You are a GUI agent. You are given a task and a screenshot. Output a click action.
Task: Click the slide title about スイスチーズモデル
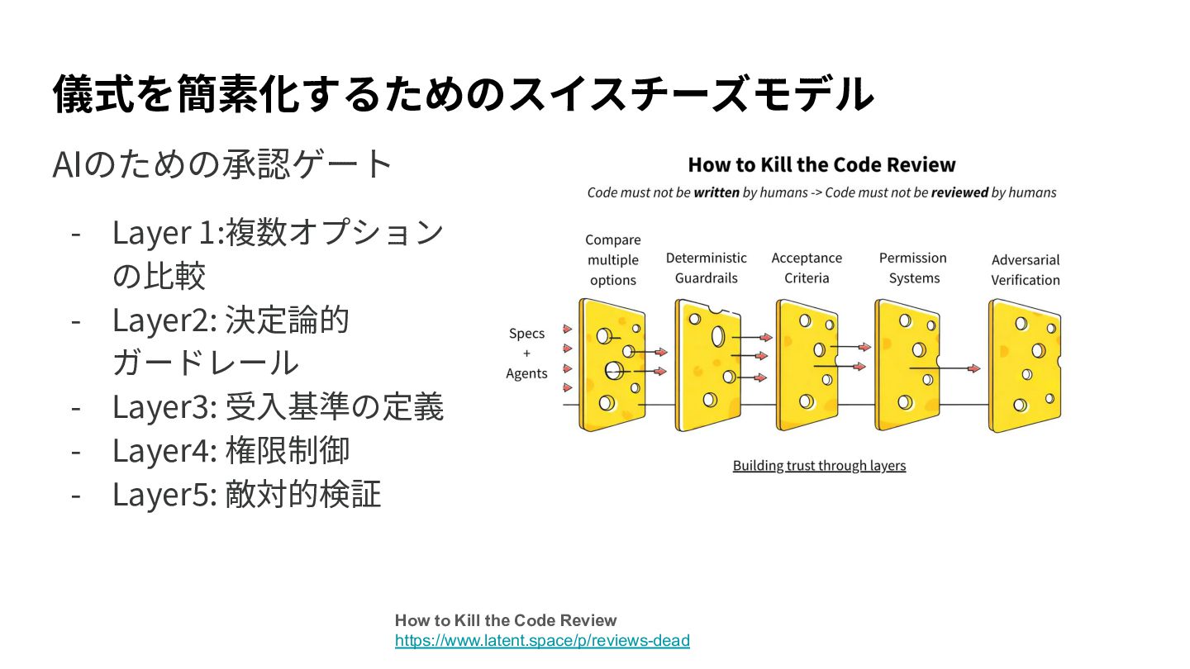coord(463,93)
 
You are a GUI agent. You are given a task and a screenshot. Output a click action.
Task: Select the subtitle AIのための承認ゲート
coord(221,164)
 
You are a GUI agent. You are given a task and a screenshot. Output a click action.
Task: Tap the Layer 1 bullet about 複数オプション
coord(278,254)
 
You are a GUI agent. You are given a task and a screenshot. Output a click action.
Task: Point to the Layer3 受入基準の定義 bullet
coord(278,406)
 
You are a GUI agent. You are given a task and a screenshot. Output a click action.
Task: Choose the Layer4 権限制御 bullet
coord(231,450)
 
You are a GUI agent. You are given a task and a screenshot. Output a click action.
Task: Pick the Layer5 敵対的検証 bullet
coord(246,494)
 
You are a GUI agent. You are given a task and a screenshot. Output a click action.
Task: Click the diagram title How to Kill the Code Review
coord(821,164)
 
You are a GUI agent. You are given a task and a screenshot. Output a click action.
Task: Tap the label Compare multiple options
coord(612,260)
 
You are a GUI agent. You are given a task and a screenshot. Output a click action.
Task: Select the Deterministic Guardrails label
coord(706,268)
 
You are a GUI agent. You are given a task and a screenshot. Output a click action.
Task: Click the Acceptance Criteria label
coord(807,268)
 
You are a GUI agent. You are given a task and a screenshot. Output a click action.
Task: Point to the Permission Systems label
coord(912,268)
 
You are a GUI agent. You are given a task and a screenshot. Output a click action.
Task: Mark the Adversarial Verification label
coord(1025,269)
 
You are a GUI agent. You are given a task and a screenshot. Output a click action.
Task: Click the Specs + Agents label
coord(526,353)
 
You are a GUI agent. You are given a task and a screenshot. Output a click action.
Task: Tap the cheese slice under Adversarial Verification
coord(1024,365)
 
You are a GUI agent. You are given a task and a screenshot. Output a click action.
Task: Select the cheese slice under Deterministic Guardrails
coord(708,364)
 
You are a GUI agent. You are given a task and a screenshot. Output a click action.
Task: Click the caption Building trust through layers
coord(819,466)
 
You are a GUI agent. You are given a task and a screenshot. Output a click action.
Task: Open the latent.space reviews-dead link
coord(542,640)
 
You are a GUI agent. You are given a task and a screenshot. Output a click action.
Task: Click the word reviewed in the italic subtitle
coord(959,192)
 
